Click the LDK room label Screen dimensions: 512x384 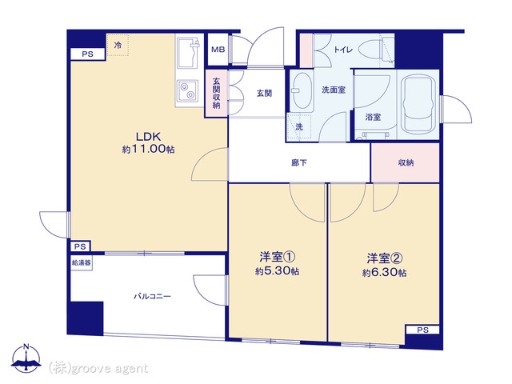click(148, 137)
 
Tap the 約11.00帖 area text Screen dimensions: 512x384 click(149, 150)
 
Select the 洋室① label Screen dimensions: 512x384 click(278, 258)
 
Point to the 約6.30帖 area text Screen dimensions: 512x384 click(384, 272)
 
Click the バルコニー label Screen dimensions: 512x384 click(152, 297)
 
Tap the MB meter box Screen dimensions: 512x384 click(218, 50)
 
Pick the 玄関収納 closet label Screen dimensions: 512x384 click(216, 93)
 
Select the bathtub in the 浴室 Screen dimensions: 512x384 click(418, 105)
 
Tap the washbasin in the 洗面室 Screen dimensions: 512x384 click(302, 90)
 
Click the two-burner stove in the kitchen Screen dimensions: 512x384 click(188, 90)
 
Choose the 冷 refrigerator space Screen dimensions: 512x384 click(118, 45)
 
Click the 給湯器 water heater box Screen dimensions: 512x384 click(82, 263)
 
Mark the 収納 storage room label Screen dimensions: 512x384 click(406, 162)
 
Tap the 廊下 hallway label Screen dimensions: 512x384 click(299, 162)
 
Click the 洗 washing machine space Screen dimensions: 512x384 click(298, 127)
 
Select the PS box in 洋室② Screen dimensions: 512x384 click(422, 330)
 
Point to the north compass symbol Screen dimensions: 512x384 click(26, 358)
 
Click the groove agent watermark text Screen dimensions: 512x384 click(98, 369)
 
